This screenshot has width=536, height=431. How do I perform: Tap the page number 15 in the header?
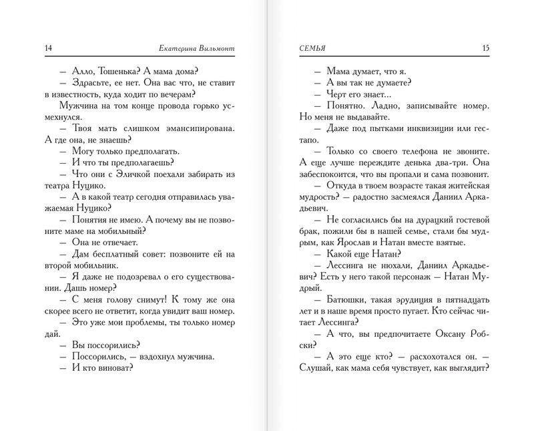point(485,48)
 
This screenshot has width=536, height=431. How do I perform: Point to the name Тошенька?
point(109,71)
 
